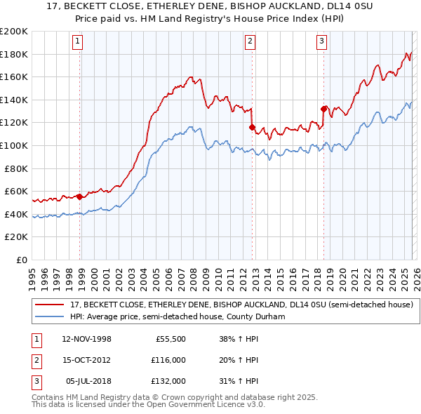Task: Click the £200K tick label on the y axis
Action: point(14,32)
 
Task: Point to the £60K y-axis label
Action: point(16,192)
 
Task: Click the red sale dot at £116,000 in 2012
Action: point(252,128)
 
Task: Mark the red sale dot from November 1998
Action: point(80,196)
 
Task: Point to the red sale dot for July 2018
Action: point(323,109)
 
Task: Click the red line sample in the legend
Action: point(51,305)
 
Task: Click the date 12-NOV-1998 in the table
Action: point(86,339)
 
